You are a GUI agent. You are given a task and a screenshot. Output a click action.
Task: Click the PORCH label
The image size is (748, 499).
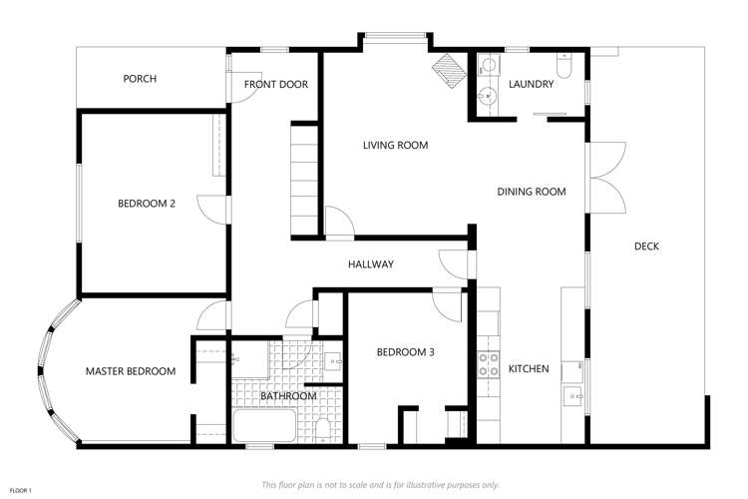coord(140,79)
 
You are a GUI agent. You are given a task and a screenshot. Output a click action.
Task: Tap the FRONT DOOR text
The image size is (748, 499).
coord(276,85)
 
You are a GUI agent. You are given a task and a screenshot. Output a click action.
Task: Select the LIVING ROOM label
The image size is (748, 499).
coord(395,146)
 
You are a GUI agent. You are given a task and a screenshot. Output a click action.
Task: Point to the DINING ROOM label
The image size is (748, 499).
coord(532,192)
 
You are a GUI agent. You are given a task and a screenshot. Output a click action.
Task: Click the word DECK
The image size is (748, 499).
coord(646,247)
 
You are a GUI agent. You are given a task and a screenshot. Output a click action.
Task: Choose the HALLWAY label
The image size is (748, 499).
coord(370,264)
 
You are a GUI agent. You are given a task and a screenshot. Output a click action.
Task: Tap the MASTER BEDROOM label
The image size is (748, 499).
coord(130,371)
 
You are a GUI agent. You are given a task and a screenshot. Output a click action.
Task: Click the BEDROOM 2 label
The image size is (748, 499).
coord(147,204)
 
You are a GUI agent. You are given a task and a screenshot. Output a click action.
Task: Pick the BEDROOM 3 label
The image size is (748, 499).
coord(405,352)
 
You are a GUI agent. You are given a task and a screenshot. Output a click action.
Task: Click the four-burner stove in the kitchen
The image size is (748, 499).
coord(489,364)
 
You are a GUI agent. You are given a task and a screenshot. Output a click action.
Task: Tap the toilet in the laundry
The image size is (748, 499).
coord(564,68)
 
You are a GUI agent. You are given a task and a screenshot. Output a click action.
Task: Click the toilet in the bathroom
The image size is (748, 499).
coord(321,429)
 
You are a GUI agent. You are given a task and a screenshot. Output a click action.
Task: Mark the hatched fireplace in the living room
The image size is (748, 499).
coord(449,69)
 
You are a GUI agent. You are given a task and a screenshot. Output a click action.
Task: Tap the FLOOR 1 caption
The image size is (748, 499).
coord(21,490)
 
